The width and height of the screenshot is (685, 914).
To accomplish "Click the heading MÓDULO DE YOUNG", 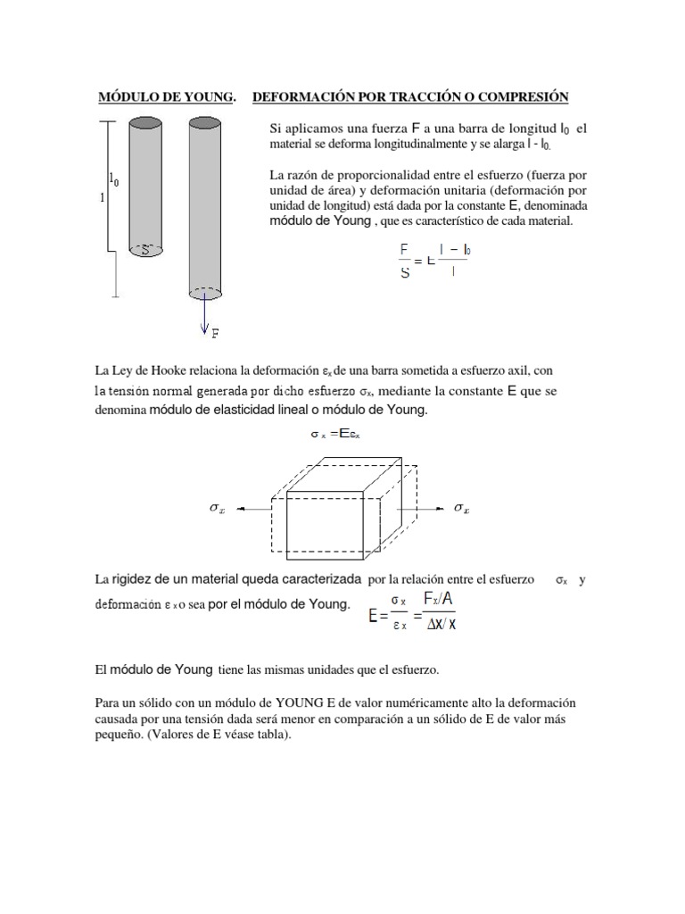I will click(x=167, y=96).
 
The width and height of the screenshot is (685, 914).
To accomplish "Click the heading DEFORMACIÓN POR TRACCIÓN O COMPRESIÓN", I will click(x=410, y=96).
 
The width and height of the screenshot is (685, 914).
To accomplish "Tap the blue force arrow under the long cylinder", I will click(x=204, y=313).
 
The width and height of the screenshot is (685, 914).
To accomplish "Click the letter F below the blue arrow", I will click(x=215, y=334).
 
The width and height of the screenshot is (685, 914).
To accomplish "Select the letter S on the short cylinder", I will click(x=144, y=251).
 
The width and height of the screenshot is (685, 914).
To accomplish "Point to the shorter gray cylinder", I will click(x=144, y=187).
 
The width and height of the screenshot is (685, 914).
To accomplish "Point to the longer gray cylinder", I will click(x=205, y=205).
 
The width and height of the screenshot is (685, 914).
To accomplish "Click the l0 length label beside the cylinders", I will click(x=114, y=179).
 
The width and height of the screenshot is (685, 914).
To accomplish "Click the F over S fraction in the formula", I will click(x=405, y=261).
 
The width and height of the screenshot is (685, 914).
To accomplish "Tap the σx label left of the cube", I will click(x=217, y=508).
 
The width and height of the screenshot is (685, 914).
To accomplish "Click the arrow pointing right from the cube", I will click(x=425, y=508).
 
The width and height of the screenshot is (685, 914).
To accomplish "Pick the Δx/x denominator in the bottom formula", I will click(x=439, y=624).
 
